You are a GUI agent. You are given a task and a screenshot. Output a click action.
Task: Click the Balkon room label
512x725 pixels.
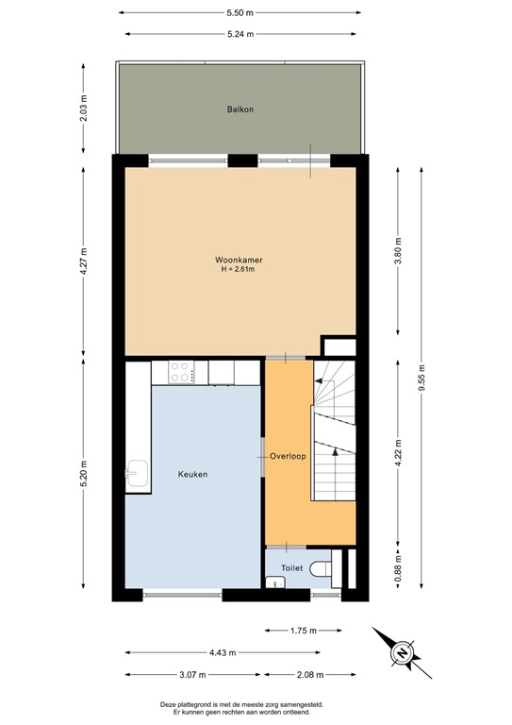pyautogui.click(x=239, y=110)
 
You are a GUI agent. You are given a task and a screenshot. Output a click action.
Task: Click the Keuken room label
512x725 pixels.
pyautogui.click(x=192, y=474)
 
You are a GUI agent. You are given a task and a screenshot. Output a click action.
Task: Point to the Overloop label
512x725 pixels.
pyautogui.click(x=288, y=456)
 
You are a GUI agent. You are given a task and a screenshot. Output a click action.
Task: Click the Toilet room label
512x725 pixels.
pyautogui.click(x=291, y=568)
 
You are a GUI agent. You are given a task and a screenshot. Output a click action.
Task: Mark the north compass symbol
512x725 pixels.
pyautogui.click(x=402, y=651)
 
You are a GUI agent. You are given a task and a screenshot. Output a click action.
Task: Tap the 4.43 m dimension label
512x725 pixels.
pyautogui.click(x=220, y=652)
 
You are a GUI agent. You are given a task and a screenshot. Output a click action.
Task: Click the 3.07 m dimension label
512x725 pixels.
pyautogui.click(x=193, y=675)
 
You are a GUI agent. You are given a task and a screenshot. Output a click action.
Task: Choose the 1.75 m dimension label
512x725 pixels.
pyautogui.click(x=301, y=630)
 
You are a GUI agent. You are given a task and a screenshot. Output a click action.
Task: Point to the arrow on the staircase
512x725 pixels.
pyautogui.click(x=321, y=380)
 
